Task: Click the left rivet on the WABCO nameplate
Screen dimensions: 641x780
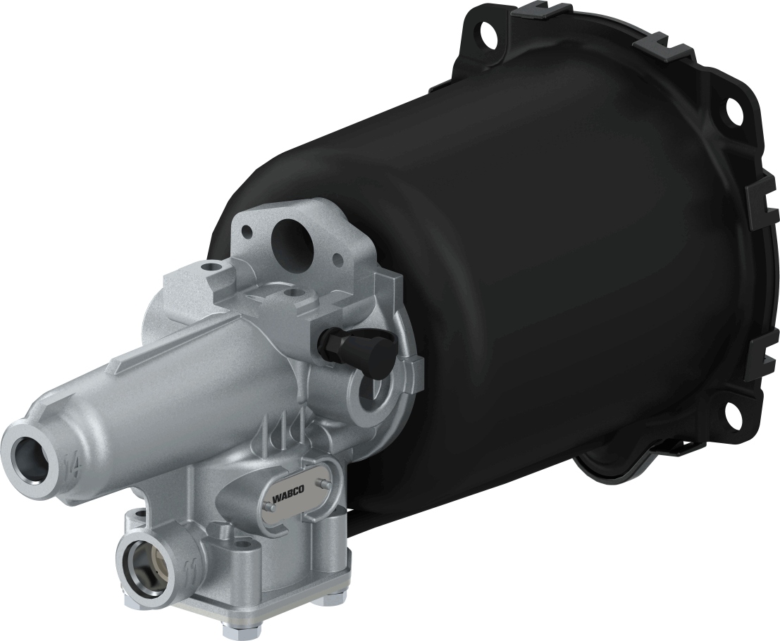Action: click(x=269, y=504)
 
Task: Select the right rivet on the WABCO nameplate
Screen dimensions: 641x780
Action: click(x=322, y=483)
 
